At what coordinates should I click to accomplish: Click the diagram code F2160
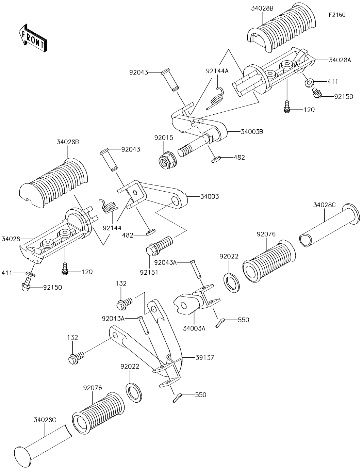tap(337, 15)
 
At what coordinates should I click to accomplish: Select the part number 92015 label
tap(164, 138)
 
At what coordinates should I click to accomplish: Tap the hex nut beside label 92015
tap(167, 158)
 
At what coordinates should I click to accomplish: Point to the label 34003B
tap(252, 131)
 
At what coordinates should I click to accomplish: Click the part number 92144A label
tap(217, 71)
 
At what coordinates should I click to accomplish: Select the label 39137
tap(205, 358)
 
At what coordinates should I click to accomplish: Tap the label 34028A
tap(340, 60)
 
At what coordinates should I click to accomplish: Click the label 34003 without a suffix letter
tap(210, 196)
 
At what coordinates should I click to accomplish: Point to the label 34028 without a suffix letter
tap(11, 239)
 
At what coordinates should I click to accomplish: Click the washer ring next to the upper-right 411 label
tap(310, 83)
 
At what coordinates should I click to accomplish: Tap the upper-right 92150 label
tap(344, 96)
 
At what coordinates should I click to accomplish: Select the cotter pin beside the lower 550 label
tap(178, 397)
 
